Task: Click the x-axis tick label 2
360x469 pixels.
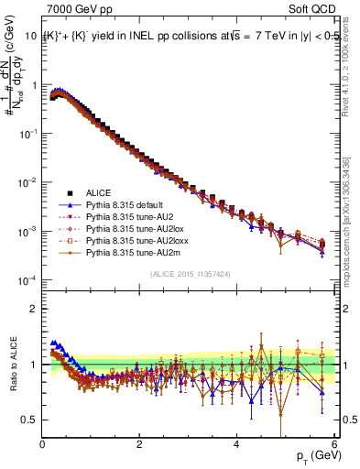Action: pyautogui.click(x=139, y=444)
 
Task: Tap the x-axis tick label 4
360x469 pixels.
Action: pyautogui.click(x=236, y=444)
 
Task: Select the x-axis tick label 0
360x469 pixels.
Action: pyautogui.click(x=43, y=444)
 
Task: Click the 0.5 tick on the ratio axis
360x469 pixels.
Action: pyautogui.click(x=30, y=420)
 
